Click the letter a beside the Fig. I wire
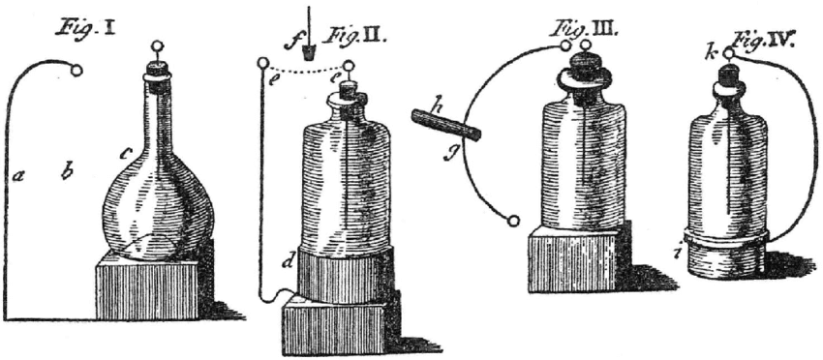pos(18,176)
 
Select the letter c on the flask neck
pos(125,152)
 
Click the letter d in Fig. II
pos(288,260)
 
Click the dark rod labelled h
pos(446,126)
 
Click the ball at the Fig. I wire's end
pos(79,69)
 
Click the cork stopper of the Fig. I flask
pos(157,70)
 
